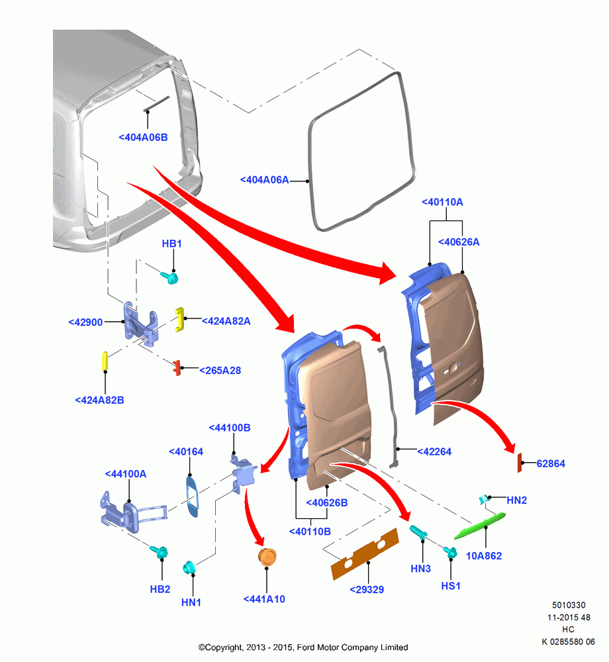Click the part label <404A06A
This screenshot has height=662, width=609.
[265, 180]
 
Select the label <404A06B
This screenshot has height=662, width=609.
[143, 137]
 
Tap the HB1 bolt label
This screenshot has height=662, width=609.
[171, 244]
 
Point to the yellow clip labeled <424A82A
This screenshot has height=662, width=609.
[180, 319]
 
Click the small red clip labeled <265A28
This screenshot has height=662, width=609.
[177, 367]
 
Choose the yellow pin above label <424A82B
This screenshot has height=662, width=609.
[105, 361]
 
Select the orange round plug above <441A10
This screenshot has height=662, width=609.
[267, 557]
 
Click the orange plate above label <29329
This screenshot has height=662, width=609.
[365, 553]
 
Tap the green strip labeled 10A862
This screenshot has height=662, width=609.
[480, 526]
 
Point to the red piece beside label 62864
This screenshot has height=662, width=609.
[520, 463]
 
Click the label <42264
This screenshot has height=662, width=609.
[434, 451]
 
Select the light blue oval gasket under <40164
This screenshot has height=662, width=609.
[192, 496]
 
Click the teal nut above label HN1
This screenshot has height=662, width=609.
[189, 567]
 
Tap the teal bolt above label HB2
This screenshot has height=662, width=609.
[159, 551]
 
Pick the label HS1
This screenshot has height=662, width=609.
[451, 586]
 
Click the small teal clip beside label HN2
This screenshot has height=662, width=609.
[484, 499]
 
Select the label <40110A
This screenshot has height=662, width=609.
[442, 202]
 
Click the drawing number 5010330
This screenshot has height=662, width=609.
[569, 605]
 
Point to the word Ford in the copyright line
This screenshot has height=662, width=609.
[306, 647]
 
